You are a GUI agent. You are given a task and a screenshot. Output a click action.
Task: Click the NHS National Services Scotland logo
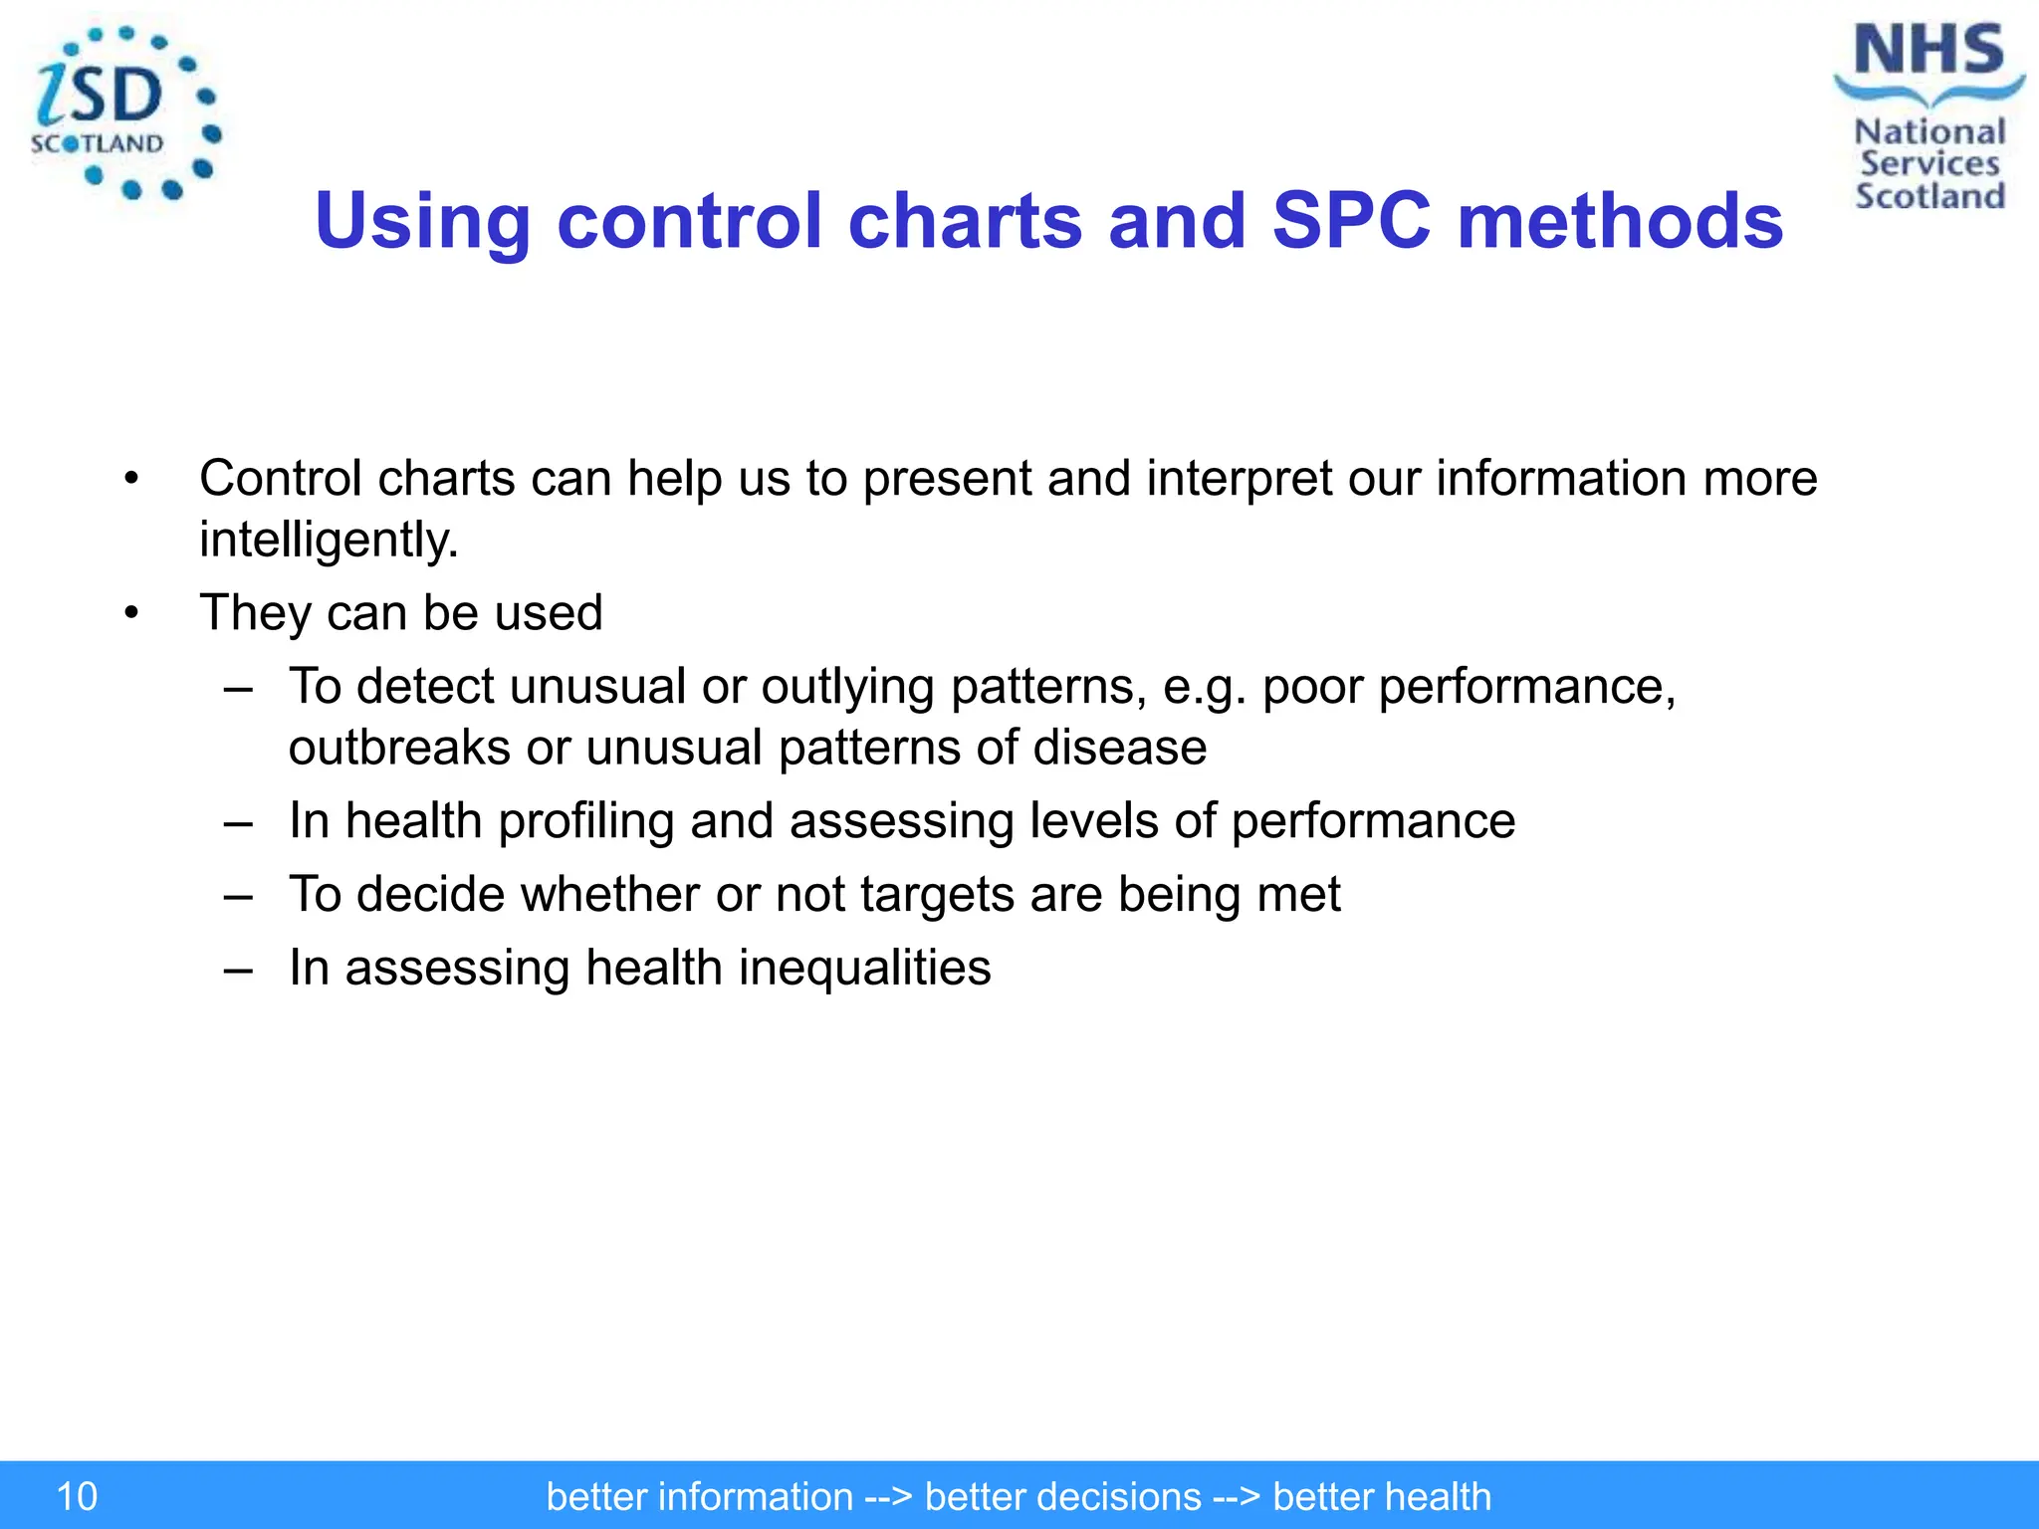(x=1927, y=117)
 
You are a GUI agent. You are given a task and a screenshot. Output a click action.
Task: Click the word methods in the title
(x=1620, y=221)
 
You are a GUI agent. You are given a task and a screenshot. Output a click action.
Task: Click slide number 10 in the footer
(x=77, y=1496)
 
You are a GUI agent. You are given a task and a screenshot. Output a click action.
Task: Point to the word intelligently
(x=329, y=541)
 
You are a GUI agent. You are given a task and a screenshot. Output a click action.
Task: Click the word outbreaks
(x=399, y=748)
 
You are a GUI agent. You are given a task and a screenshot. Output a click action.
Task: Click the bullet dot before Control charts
(x=131, y=480)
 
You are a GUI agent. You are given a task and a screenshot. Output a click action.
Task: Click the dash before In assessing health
(x=238, y=969)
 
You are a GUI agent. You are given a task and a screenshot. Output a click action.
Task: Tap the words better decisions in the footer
(x=1062, y=1496)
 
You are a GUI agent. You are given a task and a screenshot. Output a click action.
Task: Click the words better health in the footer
(x=1381, y=1496)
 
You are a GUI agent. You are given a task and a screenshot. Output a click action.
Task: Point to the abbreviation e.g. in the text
(x=1204, y=688)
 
